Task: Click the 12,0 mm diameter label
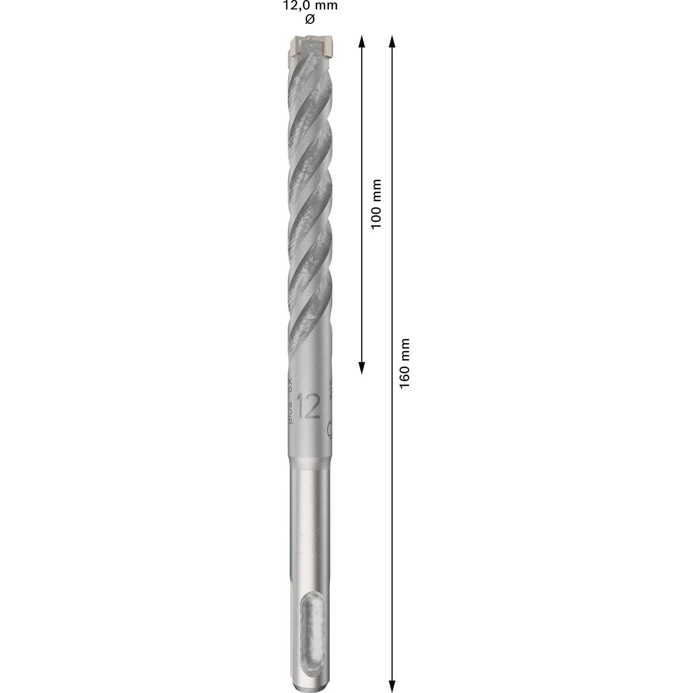310,6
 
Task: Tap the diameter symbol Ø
310,20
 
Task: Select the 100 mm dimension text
376,204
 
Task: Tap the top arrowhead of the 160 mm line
392,41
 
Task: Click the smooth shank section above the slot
310,528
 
